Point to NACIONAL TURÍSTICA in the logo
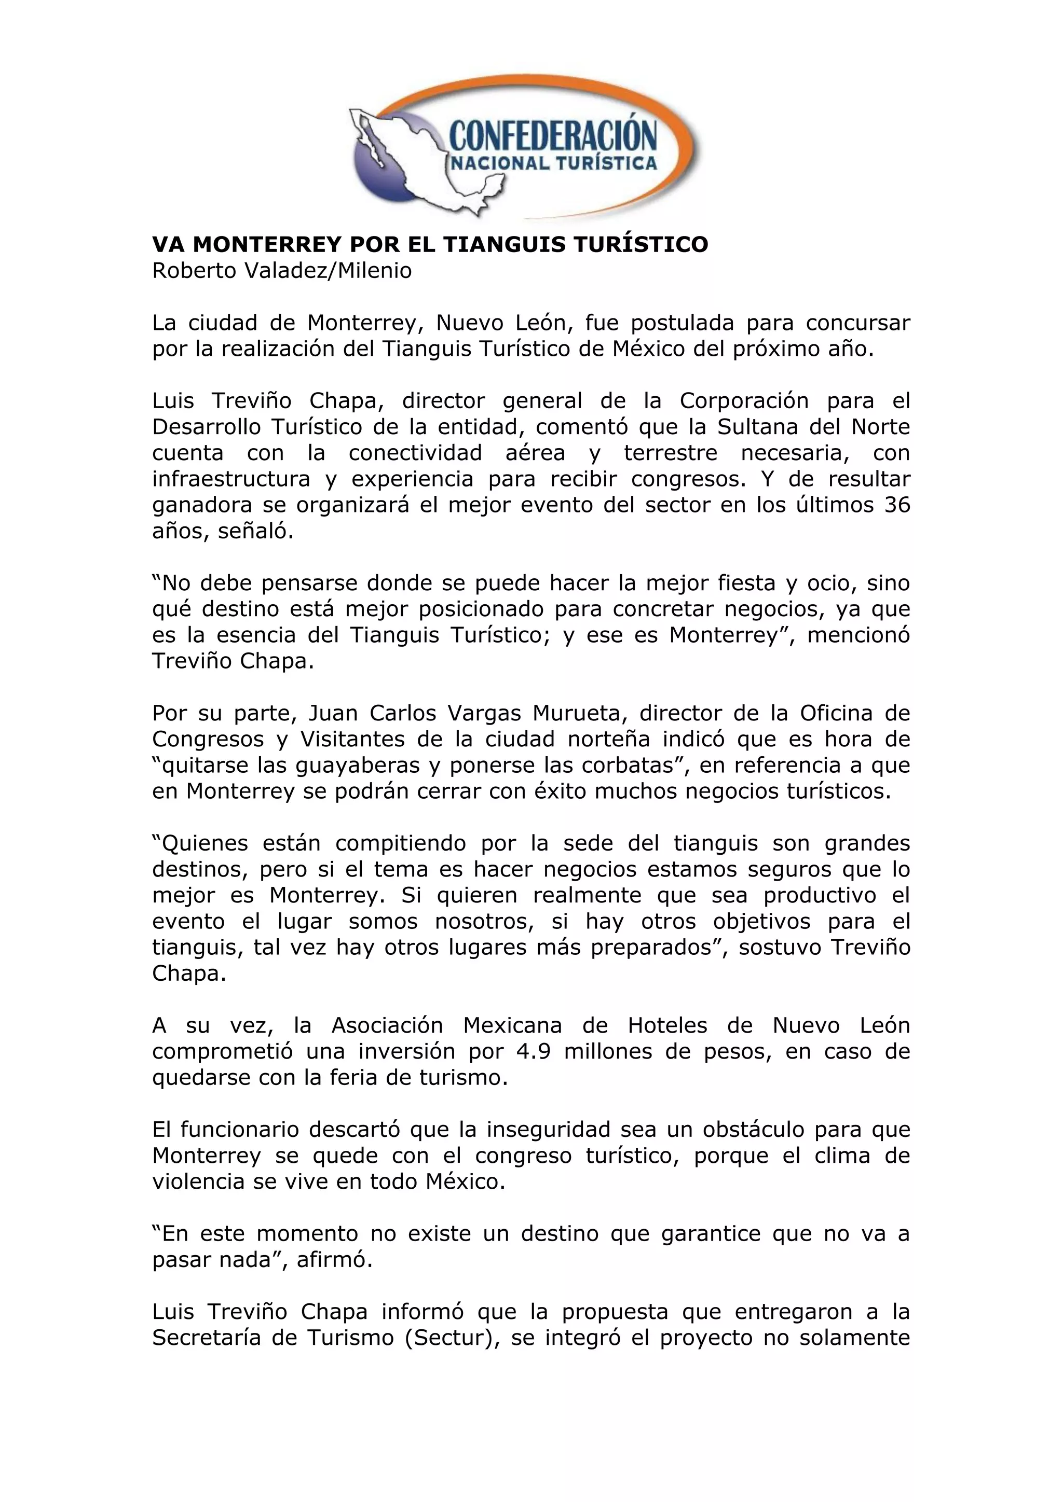coord(552,163)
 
